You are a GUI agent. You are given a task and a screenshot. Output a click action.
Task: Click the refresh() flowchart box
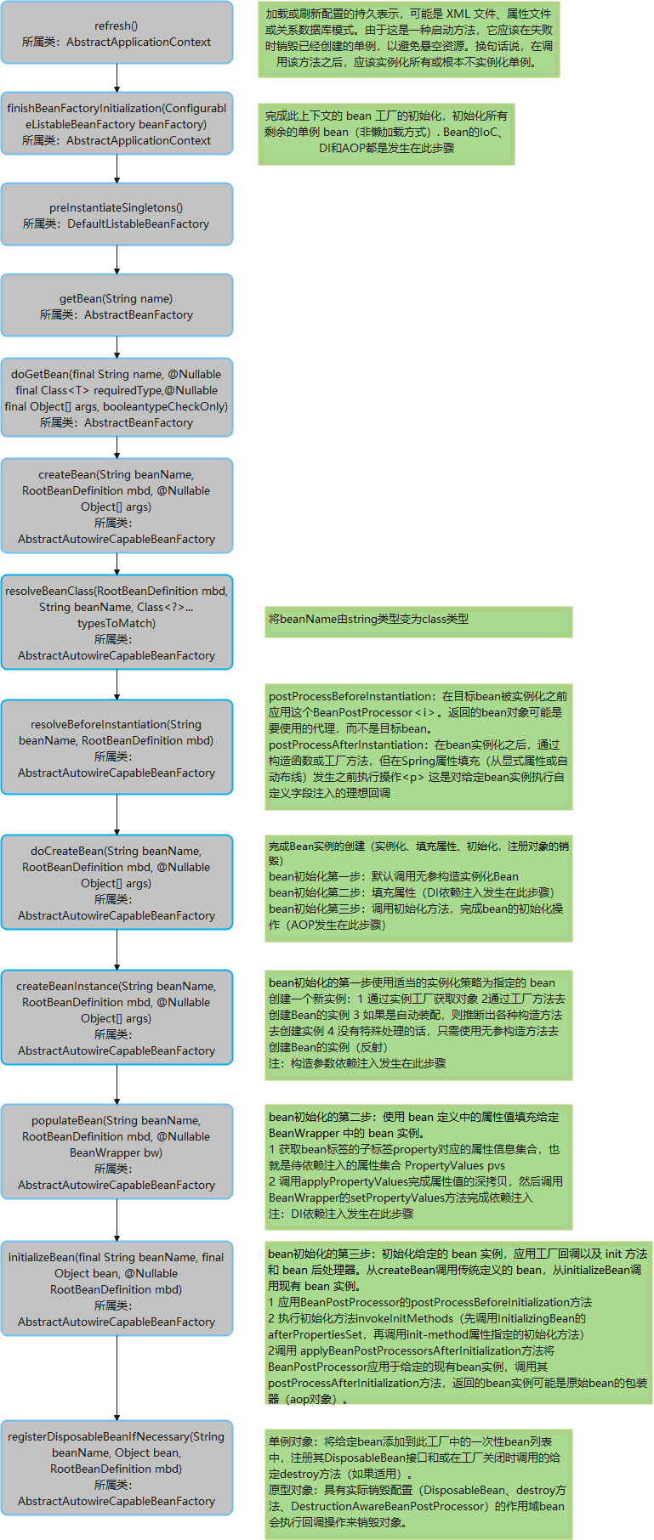point(117,33)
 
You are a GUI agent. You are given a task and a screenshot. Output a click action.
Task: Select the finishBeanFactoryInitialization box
point(117,123)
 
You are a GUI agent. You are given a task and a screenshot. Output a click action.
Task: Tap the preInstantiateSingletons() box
point(117,215)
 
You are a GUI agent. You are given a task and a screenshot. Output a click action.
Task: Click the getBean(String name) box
point(117,306)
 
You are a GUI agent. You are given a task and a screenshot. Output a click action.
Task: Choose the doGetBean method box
point(117,398)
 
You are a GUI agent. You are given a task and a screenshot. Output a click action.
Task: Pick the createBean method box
point(117,507)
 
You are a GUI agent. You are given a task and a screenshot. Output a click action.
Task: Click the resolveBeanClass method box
point(117,623)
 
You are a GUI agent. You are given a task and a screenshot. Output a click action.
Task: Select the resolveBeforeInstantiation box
point(117,748)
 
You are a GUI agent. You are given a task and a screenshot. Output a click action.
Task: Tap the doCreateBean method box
point(117,883)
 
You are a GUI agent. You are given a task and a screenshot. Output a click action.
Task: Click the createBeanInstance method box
point(117,1017)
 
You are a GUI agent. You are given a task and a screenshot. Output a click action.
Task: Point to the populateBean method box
point(117,1152)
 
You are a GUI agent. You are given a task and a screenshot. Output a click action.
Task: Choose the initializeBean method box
point(117,1288)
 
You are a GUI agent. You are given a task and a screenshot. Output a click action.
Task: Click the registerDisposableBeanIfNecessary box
point(117,1468)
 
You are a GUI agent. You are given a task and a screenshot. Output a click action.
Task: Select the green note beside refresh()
point(409,39)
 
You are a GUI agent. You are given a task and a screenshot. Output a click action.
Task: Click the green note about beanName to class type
point(418,621)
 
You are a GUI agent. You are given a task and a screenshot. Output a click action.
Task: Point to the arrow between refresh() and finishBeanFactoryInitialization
point(117,78)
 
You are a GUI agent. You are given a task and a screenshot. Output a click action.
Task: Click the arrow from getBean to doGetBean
point(117,348)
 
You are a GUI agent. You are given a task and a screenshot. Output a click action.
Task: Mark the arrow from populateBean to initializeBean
point(117,1220)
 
